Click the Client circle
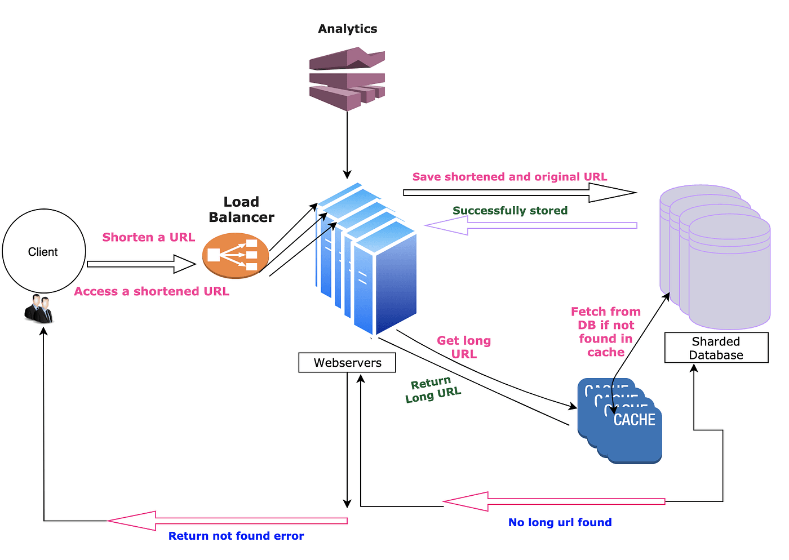coord(44,251)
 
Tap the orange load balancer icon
coord(236,255)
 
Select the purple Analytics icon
coord(347,78)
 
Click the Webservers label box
coord(347,363)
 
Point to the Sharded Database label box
coord(716,348)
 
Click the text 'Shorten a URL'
coord(148,237)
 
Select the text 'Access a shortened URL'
coord(152,291)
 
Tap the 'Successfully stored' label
coord(510,211)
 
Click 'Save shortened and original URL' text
coord(509,177)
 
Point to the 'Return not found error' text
coord(236,536)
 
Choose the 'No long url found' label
coord(560,522)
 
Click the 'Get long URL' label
coord(464,347)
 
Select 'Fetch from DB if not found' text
coord(606,332)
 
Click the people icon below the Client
coord(39,309)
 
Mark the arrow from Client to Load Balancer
coord(141,264)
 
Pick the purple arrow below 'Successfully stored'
coord(530,225)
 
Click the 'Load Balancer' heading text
coord(241,210)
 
